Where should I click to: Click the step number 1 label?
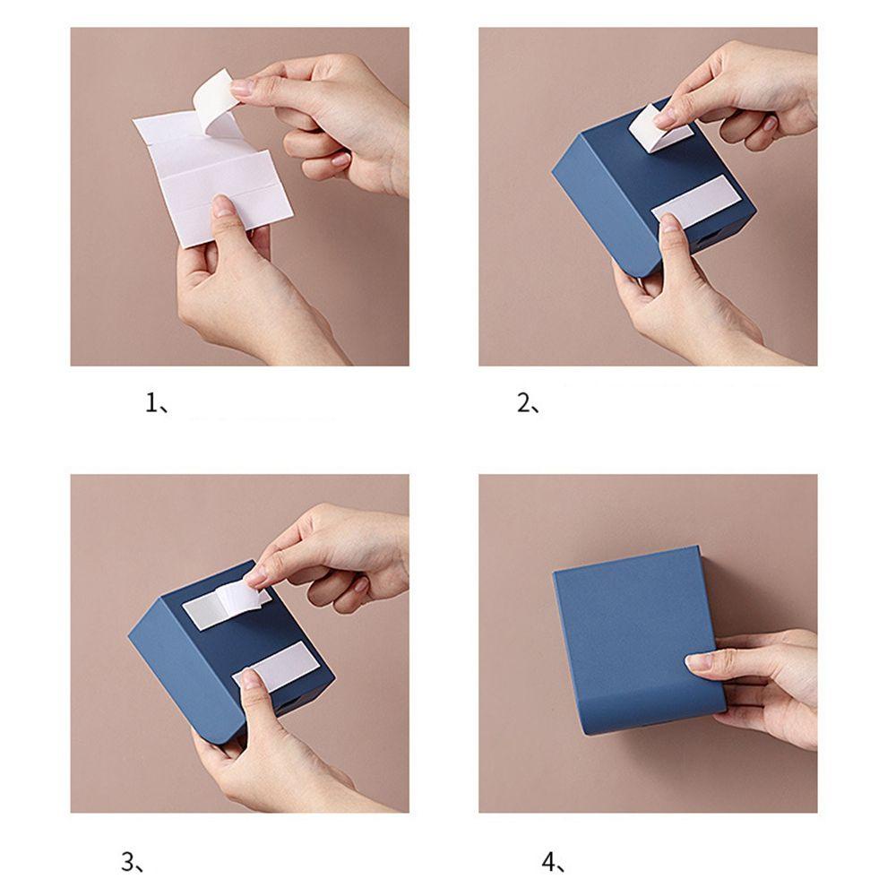[157, 404]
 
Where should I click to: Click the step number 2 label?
[529, 404]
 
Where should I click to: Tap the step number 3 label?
[133, 862]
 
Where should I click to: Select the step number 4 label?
[553, 862]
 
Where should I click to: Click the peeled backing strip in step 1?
[214, 100]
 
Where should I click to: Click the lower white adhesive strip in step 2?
[694, 201]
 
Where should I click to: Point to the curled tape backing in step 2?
[656, 128]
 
